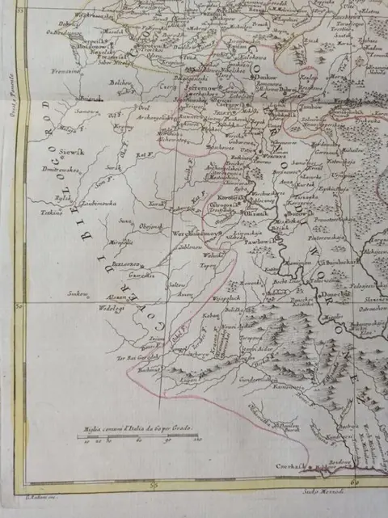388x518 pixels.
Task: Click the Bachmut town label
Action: click(x=150, y=368)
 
